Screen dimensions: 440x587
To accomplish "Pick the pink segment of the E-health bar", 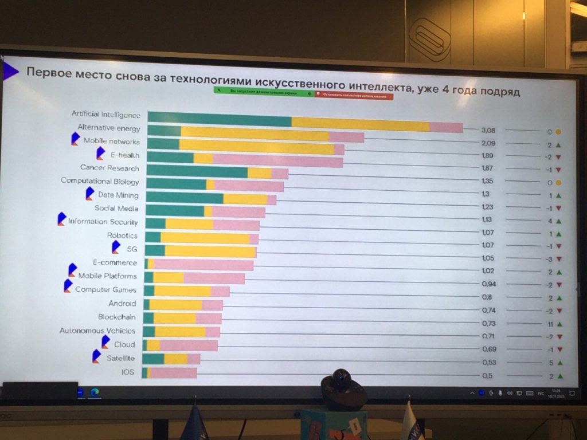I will coord(277,160).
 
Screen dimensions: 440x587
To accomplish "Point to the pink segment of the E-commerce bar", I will coord(203,265).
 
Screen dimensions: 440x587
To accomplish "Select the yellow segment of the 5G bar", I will coord(210,251).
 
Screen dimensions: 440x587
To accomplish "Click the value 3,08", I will coord(488,130).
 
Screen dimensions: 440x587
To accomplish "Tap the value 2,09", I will coord(488,143).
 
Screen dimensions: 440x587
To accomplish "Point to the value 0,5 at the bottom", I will coord(487,376).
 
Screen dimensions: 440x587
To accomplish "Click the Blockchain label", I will coord(117,317).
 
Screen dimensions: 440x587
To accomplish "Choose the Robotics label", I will coord(122,235).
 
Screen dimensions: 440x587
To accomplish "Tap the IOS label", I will coord(128,372).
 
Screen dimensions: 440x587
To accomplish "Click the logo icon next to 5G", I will coord(116,247).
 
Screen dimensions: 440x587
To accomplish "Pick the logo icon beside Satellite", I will coord(96,356).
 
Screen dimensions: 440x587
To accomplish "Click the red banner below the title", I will coord(354,96).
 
